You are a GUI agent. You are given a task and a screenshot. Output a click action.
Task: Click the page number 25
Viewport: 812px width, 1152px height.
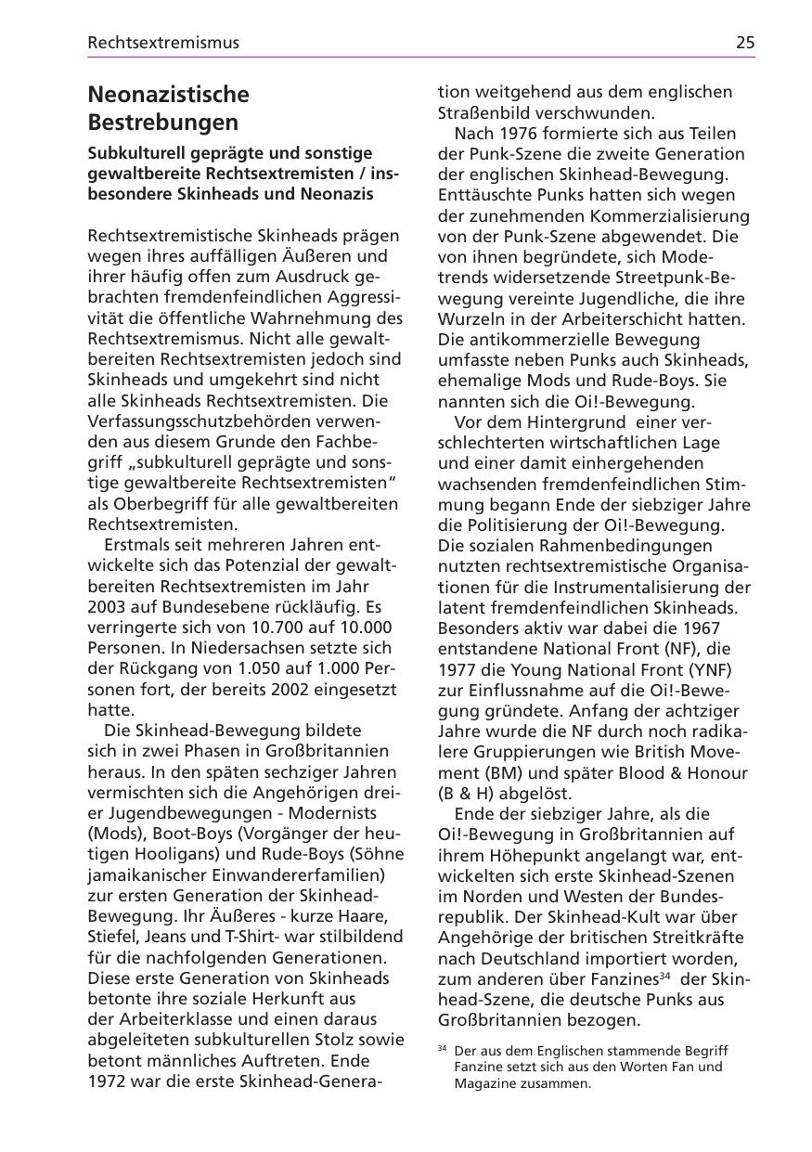[x=745, y=43]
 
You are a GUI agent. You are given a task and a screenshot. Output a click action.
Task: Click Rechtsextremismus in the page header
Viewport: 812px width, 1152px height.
[x=163, y=43]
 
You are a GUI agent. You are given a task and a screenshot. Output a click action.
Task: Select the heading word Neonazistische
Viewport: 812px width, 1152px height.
[x=168, y=95]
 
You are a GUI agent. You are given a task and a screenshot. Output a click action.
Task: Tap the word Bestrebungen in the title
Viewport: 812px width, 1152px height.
[x=162, y=123]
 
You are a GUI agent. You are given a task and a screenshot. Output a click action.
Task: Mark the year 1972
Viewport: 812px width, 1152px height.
[x=109, y=1081]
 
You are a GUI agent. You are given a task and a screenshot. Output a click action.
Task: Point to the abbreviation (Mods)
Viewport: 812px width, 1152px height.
[x=111, y=833]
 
